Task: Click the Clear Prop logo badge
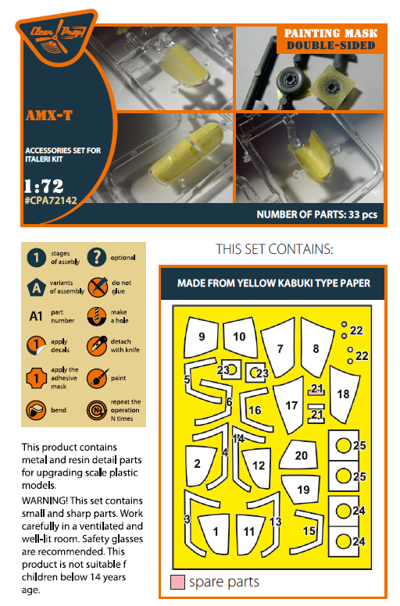coord(56,37)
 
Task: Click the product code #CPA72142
coord(51,200)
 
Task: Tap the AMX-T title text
coord(49,115)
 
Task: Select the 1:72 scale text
coord(44,186)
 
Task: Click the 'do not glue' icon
coord(97,287)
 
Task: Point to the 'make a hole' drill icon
coord(97,316)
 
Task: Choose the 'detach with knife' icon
coord(97,345)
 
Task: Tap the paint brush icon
coord(97,378)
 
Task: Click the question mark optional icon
coord(97,257)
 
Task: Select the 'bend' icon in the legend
coord(36,410)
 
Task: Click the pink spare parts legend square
coord(177,582)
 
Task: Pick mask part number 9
coord(201,337)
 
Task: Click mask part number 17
coord(290,405)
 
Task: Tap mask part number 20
coord(299,454)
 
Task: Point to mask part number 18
coord(343,394)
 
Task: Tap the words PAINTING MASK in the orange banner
coord(330,34)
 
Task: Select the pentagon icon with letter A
coord(36,287)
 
